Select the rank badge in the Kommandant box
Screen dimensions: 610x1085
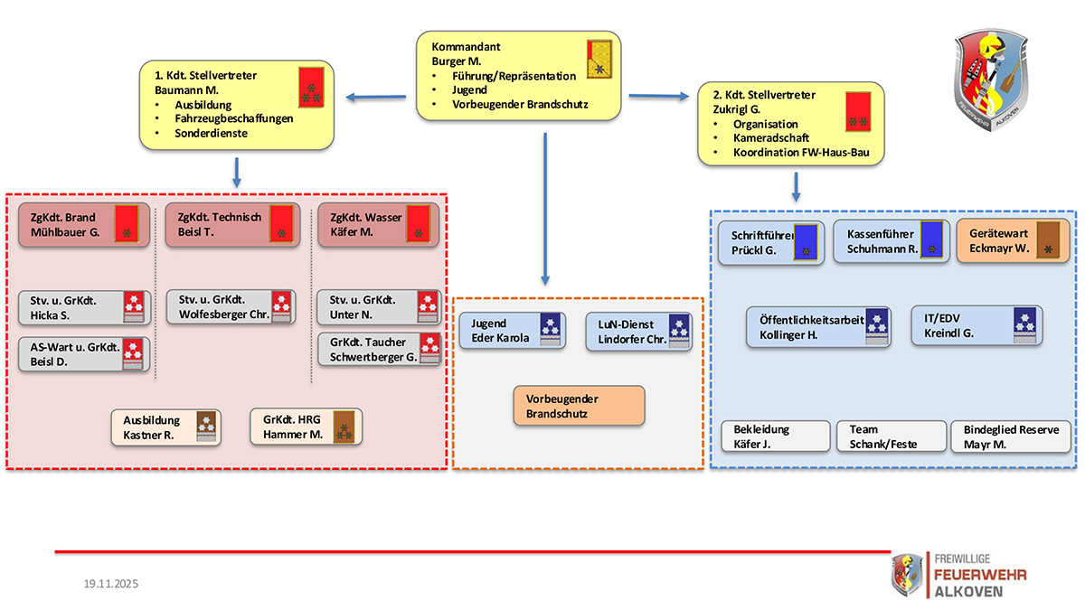(598, 60)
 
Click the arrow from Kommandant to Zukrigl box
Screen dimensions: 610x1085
(658, 94)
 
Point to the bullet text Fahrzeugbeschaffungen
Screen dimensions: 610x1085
(234, 118)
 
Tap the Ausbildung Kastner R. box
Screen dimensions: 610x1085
(165, 427)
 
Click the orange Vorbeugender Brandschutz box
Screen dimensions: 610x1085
(579, 406)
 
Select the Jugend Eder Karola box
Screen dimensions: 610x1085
(512, 331)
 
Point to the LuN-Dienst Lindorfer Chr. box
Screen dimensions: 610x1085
(638, 332)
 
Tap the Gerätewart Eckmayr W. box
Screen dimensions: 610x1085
(1013, 241)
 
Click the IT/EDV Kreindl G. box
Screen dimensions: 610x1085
(976, 325)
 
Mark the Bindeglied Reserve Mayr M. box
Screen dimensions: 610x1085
(1010, 436)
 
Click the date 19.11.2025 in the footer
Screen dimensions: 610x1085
(106, 584)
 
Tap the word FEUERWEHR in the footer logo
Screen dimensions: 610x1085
(979, 575)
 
